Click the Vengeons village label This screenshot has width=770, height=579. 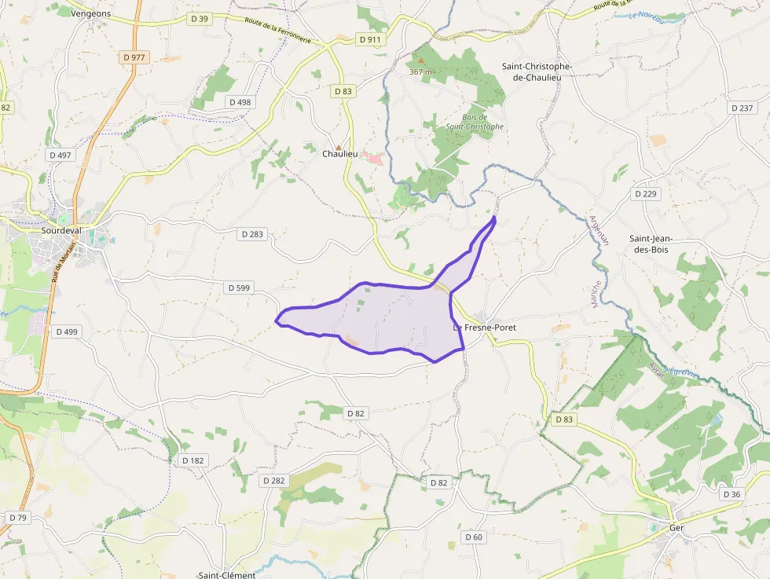[90, 13]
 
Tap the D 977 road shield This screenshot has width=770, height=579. [134, 57]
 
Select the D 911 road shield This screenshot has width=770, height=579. [368, 38]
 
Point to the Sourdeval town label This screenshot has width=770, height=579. [62, 233]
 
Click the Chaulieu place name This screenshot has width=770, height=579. [339, 154]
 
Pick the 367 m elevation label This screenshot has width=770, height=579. [421, 71]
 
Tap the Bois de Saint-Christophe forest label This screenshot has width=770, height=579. [475, 121]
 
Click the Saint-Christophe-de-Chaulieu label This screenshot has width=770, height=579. [537, 71]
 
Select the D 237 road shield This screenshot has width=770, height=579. [741, 108]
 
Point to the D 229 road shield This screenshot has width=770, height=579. [647, 193]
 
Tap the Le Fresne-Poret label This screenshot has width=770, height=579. [485, 327]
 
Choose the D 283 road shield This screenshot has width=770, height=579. [252, 234]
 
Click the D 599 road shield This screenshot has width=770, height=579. [239, 288]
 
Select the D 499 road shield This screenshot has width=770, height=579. [67, 332]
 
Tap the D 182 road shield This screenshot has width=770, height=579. [192, 460]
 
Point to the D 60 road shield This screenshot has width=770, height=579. [473, 537]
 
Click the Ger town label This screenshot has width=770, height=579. [676, 528]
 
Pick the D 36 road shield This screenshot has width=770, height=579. [731, 494]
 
